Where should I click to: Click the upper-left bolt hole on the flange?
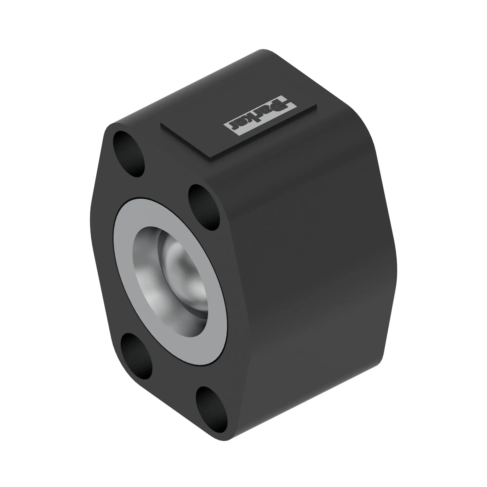pyautogui.click(x=129, y=154)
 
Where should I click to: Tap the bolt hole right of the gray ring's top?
pyautogui.click(x=204, y=207)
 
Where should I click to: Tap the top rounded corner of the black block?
pyautogui.click(x=263, y=50)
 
